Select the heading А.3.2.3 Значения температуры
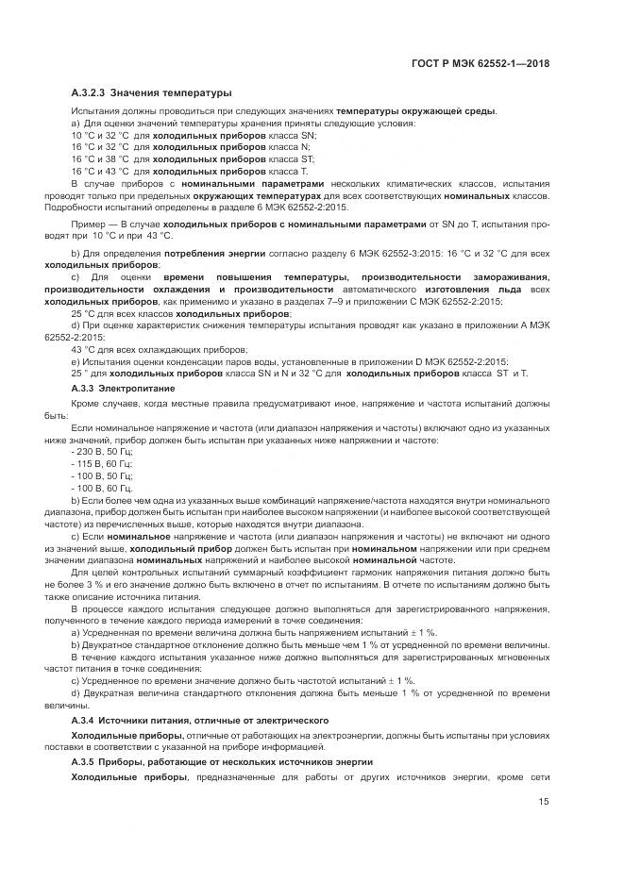[x=151, y=92]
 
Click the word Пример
[x=92, y=224]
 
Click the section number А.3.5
[x=87, y=760]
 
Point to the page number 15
[x=543, y=802]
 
